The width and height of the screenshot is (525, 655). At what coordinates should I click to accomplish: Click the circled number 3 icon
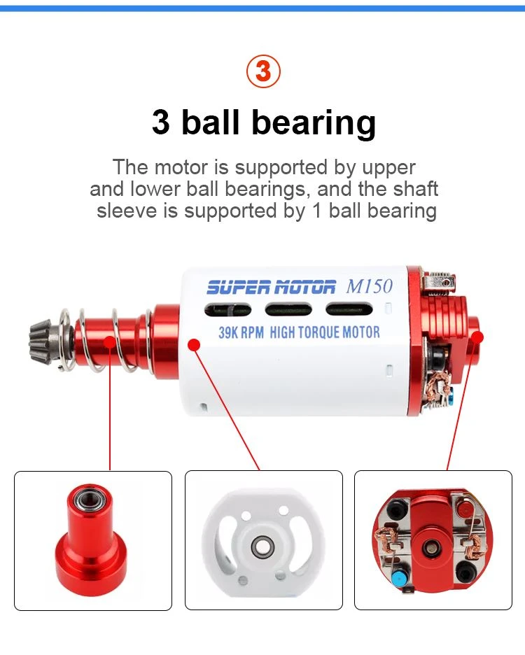pyautogui.click(x=263, y=71)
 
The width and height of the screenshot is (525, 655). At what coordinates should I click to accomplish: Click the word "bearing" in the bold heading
pyautogui.click(x=314, y=123)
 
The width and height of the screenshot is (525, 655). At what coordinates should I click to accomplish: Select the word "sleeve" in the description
pyautogui.click(x=127, y=210)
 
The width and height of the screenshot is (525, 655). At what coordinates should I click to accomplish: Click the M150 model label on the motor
pyautogui.click(x=370, y=286)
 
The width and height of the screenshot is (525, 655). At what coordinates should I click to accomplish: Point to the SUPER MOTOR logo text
pyautogui.click(x=272, y=288)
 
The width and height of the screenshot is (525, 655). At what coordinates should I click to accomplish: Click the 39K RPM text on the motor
pyautogui.click(x=241, y=332)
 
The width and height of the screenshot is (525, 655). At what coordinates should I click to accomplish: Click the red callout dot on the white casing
pyautogui.click(x=194, y=344)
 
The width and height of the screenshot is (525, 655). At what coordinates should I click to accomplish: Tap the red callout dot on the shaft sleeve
pyautogui.click(x=109, y=341)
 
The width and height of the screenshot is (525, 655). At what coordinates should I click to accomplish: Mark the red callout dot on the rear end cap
pyautogui.click(x=477, y=337)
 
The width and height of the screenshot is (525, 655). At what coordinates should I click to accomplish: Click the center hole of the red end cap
pyautogui.click(x=429, y=547)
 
